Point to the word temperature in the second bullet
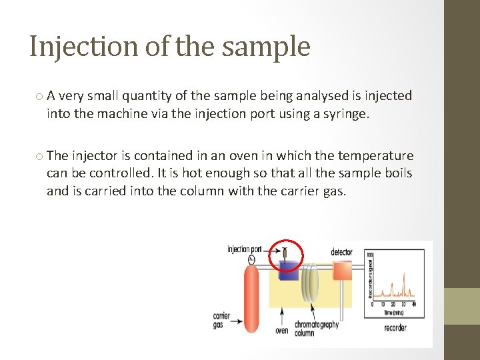click(375, 156)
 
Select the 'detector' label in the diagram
click(341, 252)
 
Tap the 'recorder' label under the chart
click(395, 327)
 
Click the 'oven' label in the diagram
click(282, 330)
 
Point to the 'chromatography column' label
click(316, 328)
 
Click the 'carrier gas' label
click(221, 320)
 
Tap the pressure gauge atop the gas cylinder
click(251, 259)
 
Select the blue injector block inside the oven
click(289, 271)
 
